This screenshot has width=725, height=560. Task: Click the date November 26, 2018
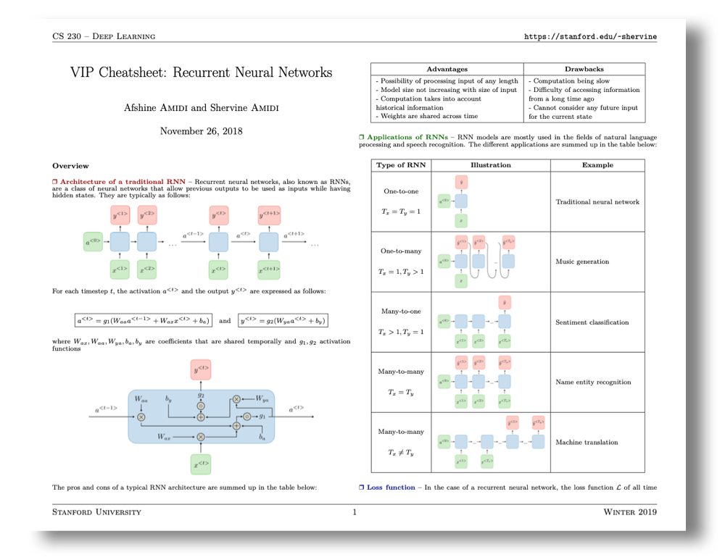coord(202,131)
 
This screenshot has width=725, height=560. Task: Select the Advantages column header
coord(447,69)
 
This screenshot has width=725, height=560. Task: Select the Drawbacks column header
coord(584,69)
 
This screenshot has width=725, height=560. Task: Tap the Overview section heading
coord(70,166)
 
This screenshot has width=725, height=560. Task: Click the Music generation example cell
coord(581,262)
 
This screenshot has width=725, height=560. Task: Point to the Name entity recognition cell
coord(593,382)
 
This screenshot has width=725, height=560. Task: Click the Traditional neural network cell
coord(597,201)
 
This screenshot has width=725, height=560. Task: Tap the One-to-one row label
coord(400,191)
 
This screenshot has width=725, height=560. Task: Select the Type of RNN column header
coord(400,165)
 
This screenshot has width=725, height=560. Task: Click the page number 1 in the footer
coord(355,512)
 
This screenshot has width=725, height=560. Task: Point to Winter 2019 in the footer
coord(629,512)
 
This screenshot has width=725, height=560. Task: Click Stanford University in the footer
coord(97,512)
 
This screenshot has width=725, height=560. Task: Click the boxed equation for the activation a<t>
coord(144,320)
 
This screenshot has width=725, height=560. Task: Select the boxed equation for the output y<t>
coord(283,320)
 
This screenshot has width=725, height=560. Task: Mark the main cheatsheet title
coord(202,72)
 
